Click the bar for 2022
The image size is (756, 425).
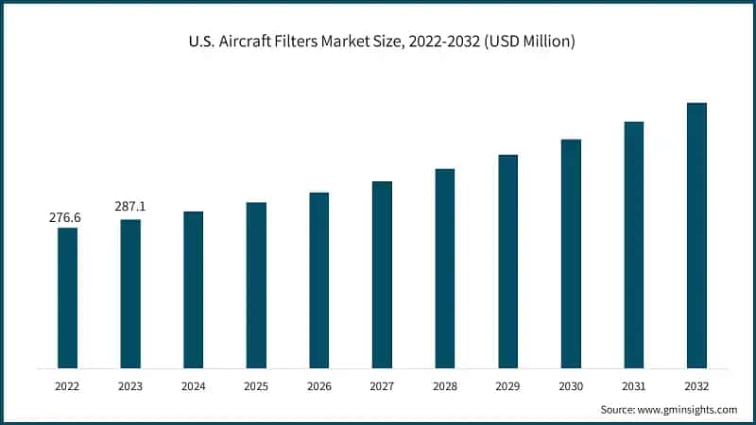click(x=67, y=297)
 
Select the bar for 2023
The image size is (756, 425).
click(x=130, y=294)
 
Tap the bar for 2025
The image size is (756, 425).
click(x=256, y=285)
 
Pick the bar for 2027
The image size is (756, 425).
click(x=382, y=274)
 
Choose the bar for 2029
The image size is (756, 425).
click(x=507, y=261)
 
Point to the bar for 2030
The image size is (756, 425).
click(x=571, y=253)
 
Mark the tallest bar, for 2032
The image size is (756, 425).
click(x=696, y=235)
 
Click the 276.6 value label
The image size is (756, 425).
click(x=65, y=217)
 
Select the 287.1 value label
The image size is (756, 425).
click(x=129, y=207)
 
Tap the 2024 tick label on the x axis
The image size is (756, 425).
click(x=193, y=387)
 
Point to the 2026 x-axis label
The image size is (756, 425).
click(x=318, y=387)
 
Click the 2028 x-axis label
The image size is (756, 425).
click(x=444, y=387)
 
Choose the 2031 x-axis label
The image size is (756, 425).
click(x=633, y=387)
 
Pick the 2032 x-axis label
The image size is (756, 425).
click(x=696, y=387)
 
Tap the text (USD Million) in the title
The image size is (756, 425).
click(x=529, y=42)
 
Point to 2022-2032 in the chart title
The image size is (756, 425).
click(x=445, y=42)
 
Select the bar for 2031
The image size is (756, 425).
click(x=633, y=245)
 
